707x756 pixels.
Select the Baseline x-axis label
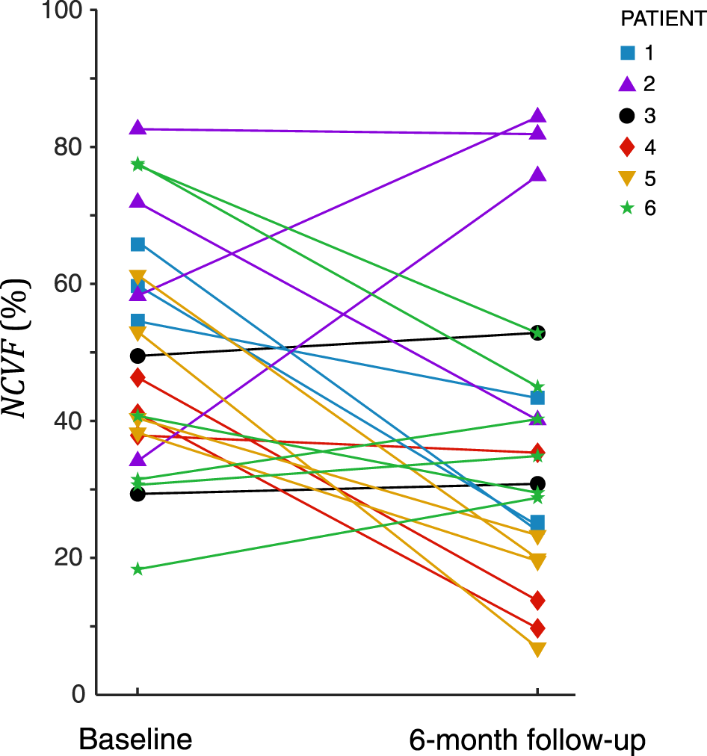135,740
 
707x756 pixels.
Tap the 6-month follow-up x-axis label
527,740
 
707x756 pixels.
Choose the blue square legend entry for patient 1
629,53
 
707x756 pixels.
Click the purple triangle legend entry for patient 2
629,84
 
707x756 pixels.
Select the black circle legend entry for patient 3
629,116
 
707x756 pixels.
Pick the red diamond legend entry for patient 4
629,147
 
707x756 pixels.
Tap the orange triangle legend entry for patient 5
629,179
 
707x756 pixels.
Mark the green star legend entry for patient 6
629,209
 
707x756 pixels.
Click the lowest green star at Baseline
138,569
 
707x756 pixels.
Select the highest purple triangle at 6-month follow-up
537,116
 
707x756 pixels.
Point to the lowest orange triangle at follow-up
537,649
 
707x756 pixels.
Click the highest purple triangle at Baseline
138,128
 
